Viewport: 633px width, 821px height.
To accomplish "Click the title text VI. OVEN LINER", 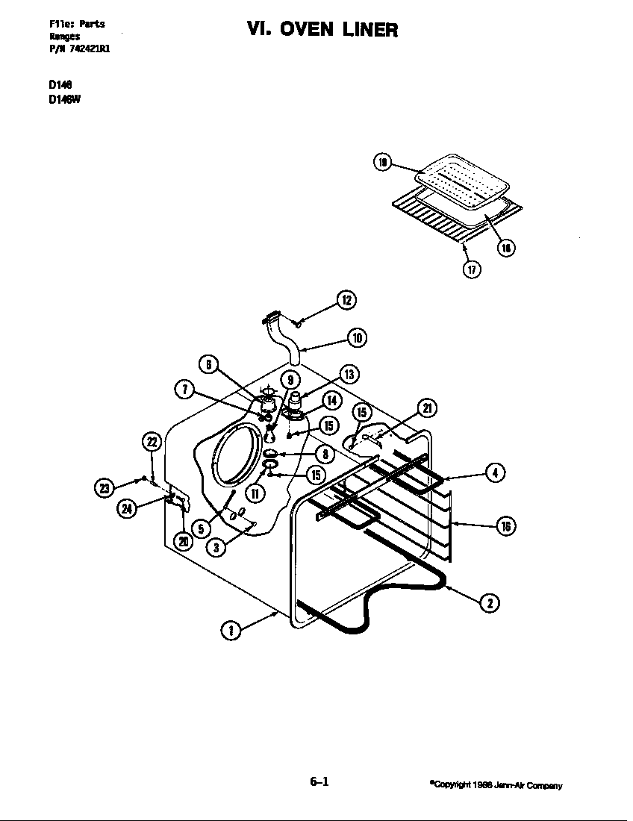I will coord(322,30).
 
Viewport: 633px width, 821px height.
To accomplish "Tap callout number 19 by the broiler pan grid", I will coord(382,162).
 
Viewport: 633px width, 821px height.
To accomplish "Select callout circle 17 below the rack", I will coord(471,269).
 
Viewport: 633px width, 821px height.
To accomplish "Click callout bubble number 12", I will coord(346,300).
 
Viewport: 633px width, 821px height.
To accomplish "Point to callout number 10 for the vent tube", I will coord(358,338).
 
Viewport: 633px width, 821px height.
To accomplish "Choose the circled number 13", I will coord(349,374).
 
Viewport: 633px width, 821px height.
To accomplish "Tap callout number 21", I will coord(426,408).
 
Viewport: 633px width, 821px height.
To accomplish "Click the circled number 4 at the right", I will coord(495,472).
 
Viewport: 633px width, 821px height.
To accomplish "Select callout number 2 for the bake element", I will coord(489,603).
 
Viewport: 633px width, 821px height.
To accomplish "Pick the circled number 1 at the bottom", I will coord(232,630).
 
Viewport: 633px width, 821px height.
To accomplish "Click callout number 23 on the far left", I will coord(104,488).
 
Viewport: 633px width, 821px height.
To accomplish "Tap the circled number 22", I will coord(152,442).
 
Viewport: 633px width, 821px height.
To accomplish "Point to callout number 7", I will coord(184,388).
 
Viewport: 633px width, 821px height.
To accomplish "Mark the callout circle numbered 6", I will coord(209,364).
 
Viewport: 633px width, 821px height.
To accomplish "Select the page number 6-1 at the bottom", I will coord(319,782).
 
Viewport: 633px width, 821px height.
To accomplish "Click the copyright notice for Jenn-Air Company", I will coord(496,785).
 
